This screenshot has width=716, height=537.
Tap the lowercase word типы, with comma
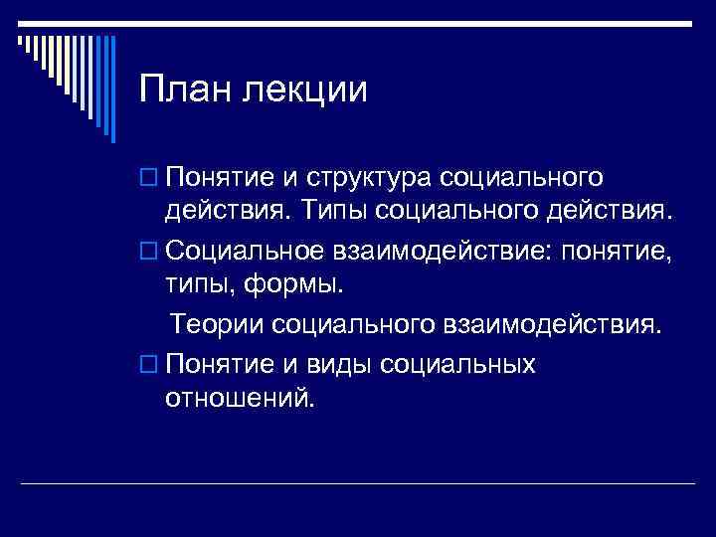coord(199,287)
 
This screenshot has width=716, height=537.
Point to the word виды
coord(324,363)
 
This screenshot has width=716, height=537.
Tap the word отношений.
coord(240,399)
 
